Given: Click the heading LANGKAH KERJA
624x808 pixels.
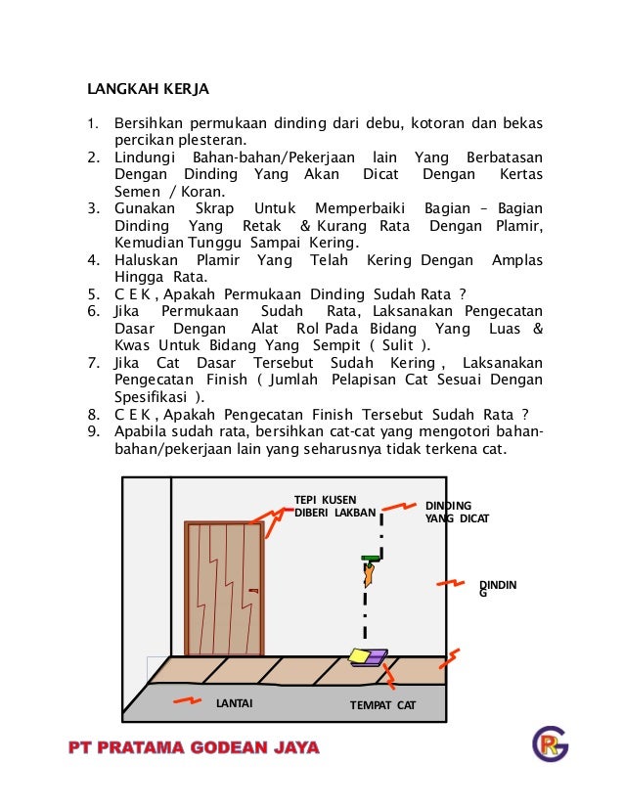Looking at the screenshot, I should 149,89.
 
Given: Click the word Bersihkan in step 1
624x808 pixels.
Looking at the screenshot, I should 148,125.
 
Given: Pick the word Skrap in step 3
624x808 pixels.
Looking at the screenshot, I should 214,209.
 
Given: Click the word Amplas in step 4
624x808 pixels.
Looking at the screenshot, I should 517,260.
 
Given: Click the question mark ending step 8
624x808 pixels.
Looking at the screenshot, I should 525,413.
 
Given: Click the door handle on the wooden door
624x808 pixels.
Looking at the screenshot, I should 254,591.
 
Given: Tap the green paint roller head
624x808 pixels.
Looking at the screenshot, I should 371,559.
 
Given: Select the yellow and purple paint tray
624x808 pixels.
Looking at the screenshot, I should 367,657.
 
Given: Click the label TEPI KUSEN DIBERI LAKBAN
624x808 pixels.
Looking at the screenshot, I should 334,506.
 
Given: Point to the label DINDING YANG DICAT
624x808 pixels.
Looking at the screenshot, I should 457,512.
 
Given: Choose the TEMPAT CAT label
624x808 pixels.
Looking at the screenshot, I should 383,704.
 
